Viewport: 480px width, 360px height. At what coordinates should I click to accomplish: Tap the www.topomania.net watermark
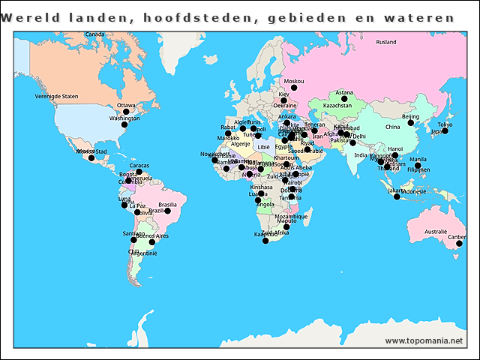[424, 340]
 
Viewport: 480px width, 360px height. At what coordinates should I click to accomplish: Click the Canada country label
[94, 34]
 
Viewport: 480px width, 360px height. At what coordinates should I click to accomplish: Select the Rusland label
[386, 42]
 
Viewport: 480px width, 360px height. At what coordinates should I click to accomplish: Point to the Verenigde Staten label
[56, 97]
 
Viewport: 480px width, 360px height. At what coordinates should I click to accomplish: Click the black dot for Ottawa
[126, 112]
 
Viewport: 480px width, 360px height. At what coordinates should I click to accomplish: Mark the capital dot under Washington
[124, 124]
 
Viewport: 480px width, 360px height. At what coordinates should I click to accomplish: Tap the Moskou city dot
[283, 88]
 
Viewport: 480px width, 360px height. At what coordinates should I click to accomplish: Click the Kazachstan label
[337, 106]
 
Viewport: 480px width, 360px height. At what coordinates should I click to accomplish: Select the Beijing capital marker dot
[411, 123]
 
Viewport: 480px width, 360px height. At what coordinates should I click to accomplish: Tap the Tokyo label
[445, 124]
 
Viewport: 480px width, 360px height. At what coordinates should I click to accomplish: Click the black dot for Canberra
[460, 244]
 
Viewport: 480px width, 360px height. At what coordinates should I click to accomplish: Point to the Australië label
[435, 232]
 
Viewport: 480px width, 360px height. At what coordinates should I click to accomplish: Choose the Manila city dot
[418, 166]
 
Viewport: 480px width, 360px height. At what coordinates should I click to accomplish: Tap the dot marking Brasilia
[168, 211]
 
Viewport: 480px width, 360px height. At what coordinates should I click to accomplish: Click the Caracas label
[139, 166]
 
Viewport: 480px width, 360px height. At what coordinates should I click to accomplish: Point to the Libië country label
[263, 147]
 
